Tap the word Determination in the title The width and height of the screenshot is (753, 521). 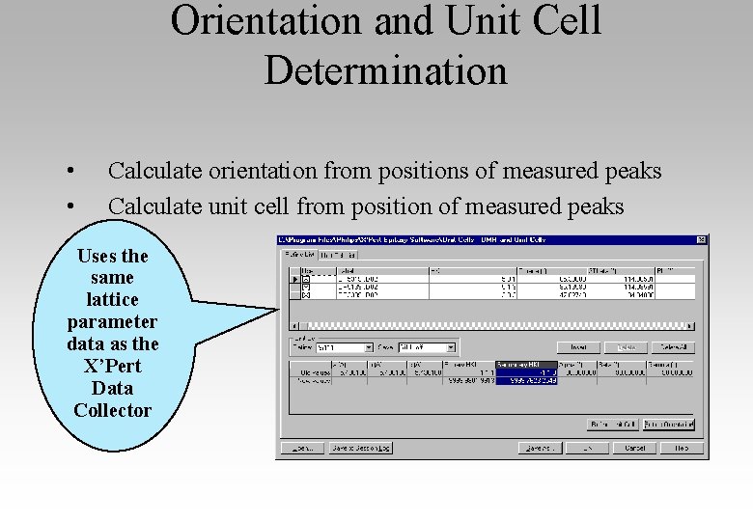[385, 70]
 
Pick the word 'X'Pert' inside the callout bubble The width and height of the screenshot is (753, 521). [112, 366]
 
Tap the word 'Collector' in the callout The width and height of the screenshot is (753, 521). [112, 410]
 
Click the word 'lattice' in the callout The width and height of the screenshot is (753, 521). [112, 299]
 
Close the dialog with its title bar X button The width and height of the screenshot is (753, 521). [702, 239]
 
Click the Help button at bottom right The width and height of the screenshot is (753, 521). [682, 448]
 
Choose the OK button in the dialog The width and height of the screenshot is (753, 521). [587, 448]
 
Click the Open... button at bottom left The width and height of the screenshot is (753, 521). [302, 448]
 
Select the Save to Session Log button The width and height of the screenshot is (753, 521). [360, 448]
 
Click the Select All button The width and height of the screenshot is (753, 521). [673, 347]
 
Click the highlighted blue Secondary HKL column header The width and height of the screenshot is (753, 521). [526, 365]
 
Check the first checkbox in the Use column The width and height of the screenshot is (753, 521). [307, 279]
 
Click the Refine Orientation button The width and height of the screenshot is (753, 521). [668, 425]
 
